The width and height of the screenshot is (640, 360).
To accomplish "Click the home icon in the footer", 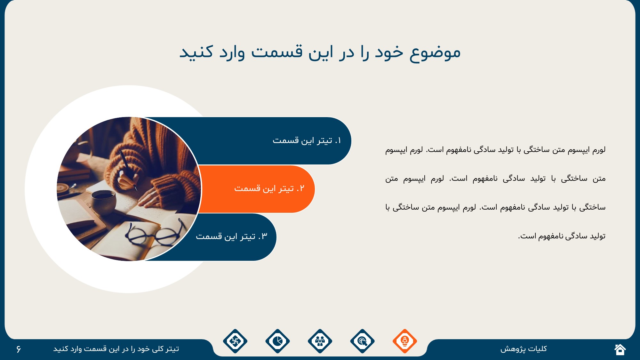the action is tap(620, 349).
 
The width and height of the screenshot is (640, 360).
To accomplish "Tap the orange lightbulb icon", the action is tap(405, 341).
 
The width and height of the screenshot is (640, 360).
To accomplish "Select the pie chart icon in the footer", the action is tap(277, 341).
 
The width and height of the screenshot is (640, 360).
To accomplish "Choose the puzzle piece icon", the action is tap(235, 341).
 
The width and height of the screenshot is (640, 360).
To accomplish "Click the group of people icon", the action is tap(320, 341).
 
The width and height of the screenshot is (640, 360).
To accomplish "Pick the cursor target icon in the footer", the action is tap(362, 341).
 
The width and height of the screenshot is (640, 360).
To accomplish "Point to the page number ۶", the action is tap(19, 349).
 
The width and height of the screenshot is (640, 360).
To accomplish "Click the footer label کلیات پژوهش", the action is tap(524, 349).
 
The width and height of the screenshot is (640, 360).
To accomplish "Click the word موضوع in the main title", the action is tap(435, 52).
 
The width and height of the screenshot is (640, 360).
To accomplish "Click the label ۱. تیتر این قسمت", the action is tap(307, 140).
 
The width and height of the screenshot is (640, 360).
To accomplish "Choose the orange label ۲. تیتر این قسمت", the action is tap(269, 188).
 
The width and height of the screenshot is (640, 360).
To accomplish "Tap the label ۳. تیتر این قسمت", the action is tap(231, 236).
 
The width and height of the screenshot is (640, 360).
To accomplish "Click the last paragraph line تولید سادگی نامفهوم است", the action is tap(562, 236).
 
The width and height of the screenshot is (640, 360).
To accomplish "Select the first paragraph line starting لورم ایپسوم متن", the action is tap(495, 150).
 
